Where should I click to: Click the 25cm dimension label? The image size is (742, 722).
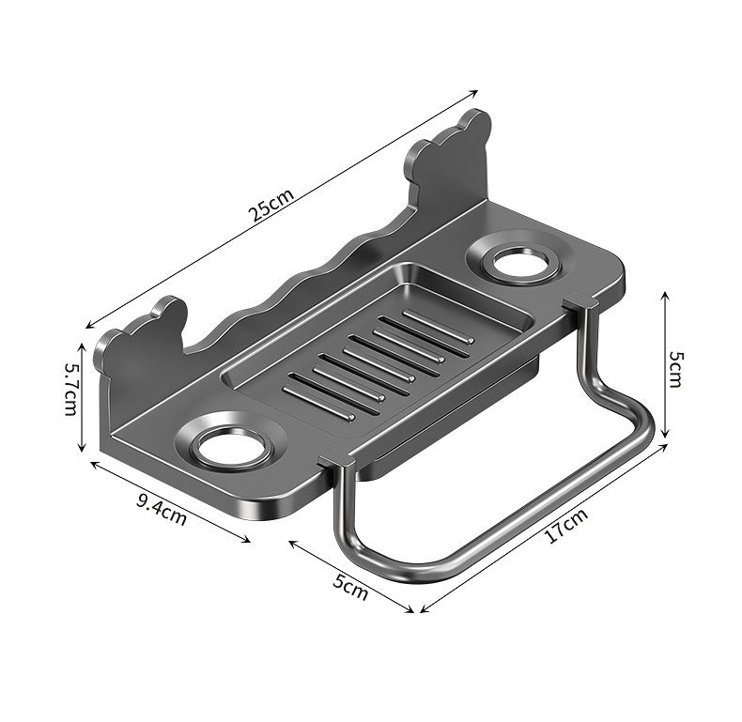272,205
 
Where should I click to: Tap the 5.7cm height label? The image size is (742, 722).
71,389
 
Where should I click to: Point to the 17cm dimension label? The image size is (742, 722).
566,526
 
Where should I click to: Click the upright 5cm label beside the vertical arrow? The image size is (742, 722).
675,370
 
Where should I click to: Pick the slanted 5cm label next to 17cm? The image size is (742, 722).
349,587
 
